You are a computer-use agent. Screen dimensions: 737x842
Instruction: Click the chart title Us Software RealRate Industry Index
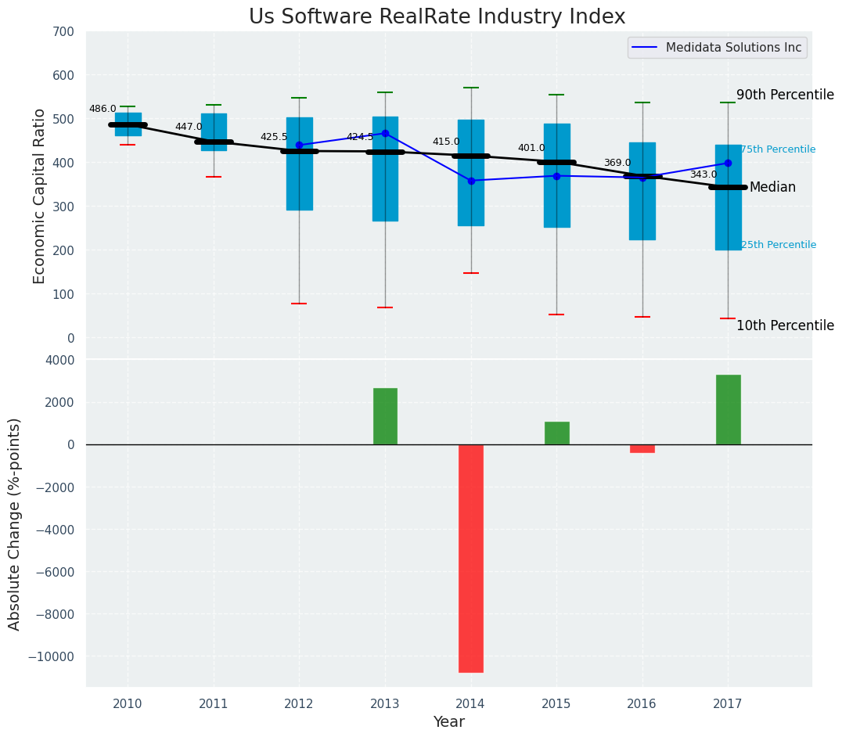437,17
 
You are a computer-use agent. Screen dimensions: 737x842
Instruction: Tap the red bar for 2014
471,558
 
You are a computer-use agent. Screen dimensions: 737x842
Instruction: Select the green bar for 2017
728,409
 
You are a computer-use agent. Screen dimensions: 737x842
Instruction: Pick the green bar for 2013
385,416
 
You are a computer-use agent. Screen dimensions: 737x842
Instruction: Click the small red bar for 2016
642,448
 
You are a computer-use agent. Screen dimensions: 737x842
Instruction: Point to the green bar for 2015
556,433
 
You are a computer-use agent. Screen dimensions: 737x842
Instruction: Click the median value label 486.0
103,110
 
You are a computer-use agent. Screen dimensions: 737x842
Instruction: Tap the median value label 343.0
703,174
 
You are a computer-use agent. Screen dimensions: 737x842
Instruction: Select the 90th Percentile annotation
785,95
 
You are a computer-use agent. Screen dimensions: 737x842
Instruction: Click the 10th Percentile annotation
785,326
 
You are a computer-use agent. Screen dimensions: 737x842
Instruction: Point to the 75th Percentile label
778,149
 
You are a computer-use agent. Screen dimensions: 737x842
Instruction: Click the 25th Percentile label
778,245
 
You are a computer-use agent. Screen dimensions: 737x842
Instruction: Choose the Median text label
772,188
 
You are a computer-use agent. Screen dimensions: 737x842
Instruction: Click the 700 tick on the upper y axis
63,32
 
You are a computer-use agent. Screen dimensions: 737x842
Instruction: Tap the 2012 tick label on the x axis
299,704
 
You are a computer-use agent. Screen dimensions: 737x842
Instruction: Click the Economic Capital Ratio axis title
40,185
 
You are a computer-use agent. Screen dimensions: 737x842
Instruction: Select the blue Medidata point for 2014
471,181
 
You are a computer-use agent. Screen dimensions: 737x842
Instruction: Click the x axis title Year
448,722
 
